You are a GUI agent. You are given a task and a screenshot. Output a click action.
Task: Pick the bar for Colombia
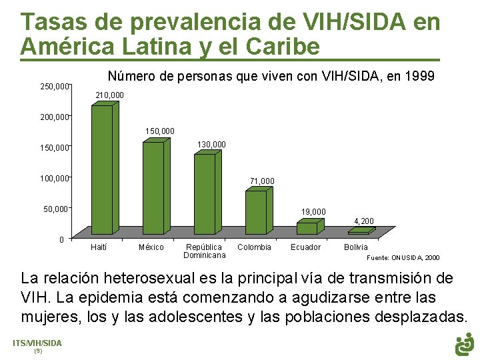255,212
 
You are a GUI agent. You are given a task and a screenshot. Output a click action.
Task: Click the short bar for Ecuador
307,228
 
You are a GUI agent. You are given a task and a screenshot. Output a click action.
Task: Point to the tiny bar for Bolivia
359,232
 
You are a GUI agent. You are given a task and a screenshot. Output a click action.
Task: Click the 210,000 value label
109,96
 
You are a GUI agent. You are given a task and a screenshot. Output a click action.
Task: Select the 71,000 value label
262,181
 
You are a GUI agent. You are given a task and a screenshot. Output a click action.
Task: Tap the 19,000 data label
313,212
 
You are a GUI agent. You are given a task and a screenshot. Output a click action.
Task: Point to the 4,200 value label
364,221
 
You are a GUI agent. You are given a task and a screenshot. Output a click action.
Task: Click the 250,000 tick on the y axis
55,87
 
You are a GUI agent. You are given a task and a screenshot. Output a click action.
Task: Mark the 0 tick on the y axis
61,239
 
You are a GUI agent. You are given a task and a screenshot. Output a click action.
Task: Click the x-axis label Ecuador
305,247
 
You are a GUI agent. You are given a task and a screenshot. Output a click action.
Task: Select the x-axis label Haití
98,247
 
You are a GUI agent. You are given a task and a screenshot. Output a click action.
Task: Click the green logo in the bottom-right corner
464,344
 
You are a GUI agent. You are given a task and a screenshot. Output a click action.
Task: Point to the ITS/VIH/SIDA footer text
37,343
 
